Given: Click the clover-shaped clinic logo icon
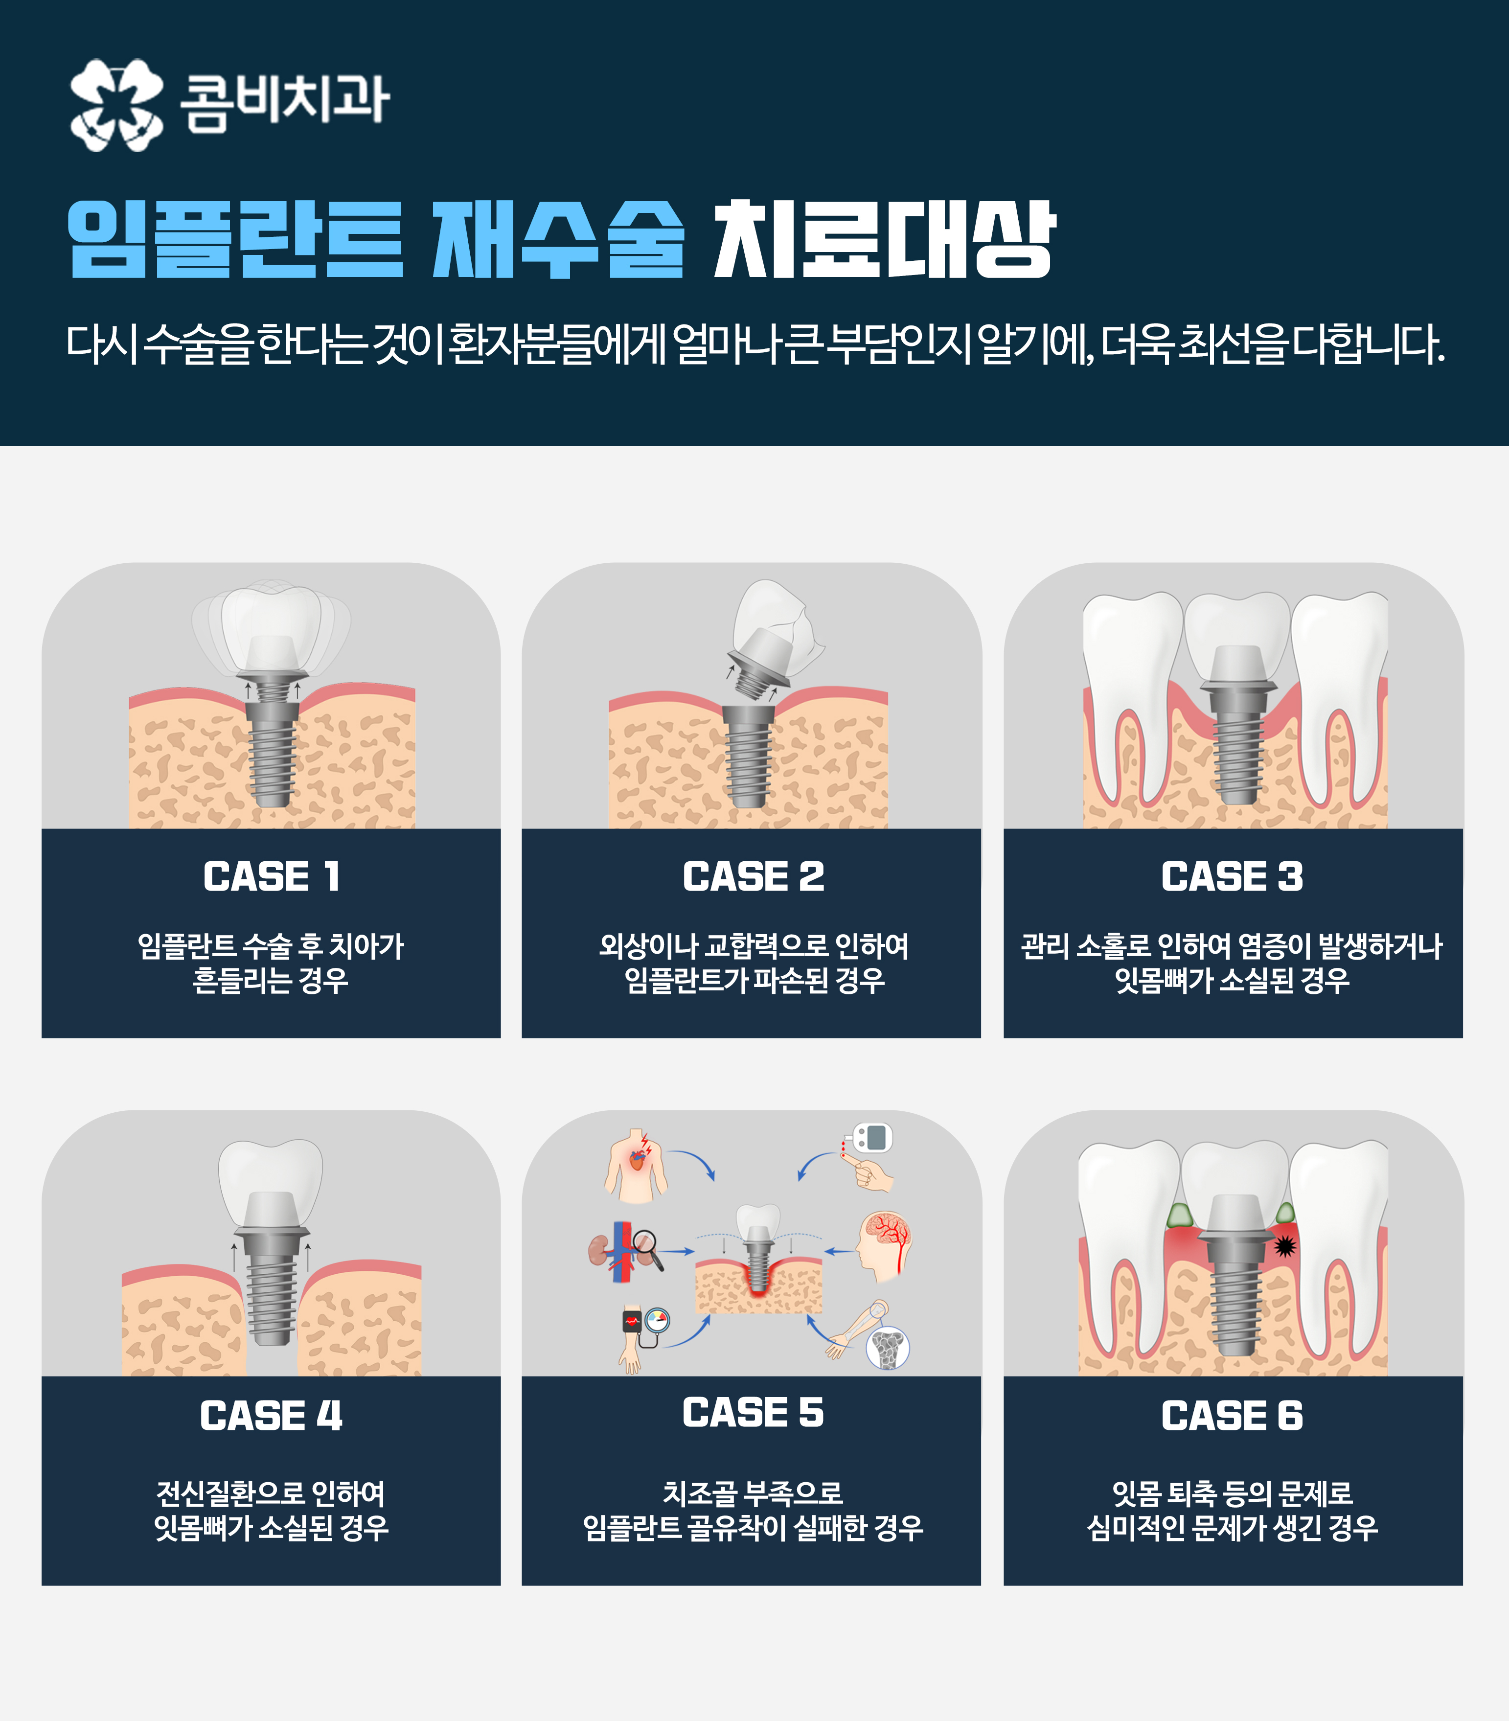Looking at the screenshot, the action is tap(116, 104).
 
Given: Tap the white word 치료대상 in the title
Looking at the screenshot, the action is tap(884, 239).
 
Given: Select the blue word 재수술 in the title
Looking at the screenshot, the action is tap(557, 239).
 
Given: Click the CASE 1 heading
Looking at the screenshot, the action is tap(271, 876).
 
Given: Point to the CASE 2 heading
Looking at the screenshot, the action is tap(753, 876).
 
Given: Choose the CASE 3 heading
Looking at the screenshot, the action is tap(1232, 876).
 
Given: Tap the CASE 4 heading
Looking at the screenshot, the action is tap(271, 1415).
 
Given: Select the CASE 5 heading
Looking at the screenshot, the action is tap(753, 1412).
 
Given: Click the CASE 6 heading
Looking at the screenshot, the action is tap(1232, 1415).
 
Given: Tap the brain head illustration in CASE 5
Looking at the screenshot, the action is tap(884, 1247).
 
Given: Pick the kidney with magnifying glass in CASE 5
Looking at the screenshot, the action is tap(624, 1250).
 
